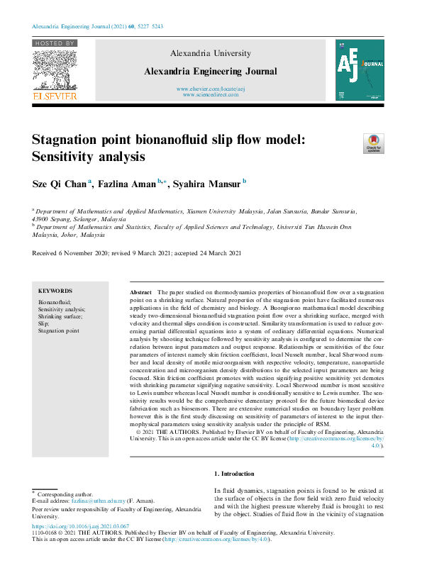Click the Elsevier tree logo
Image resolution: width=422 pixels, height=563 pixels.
54,69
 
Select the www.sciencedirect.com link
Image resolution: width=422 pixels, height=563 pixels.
210,94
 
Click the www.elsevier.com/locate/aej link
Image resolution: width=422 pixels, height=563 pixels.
210,88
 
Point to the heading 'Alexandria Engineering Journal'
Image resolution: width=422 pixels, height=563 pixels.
210,72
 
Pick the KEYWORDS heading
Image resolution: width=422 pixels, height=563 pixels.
55,291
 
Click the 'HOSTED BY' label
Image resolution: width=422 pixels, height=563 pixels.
54,43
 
